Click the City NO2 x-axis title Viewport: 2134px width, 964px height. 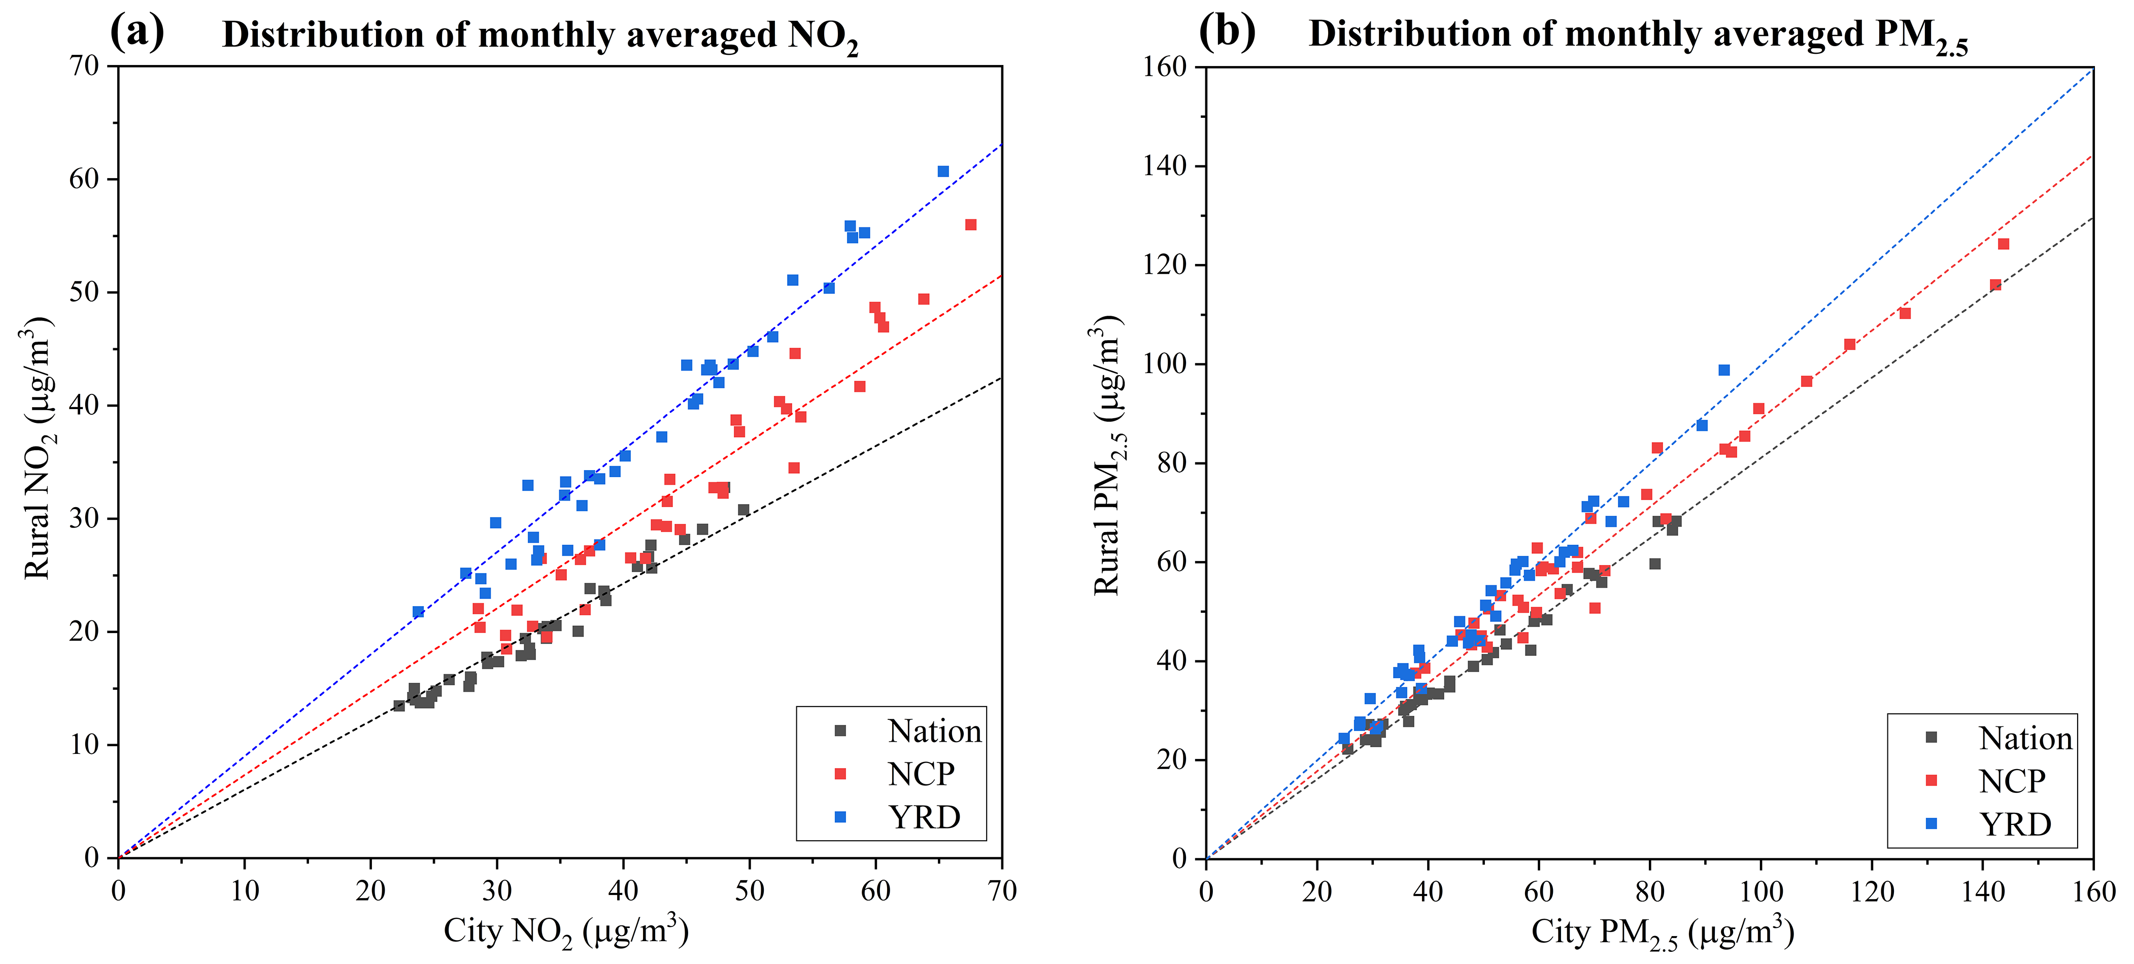(566, 932)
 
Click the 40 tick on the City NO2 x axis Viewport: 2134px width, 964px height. (623, 891)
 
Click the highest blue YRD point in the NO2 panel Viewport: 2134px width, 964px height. (943, 172)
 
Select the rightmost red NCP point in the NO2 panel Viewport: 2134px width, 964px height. (971, 225)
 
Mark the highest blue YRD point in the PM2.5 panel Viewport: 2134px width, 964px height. (1724, 371)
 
